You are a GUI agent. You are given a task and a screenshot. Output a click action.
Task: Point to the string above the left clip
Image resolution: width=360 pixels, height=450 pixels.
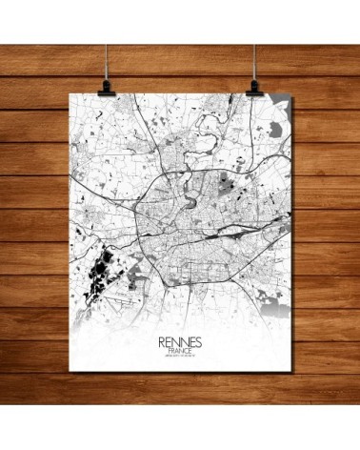94,38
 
